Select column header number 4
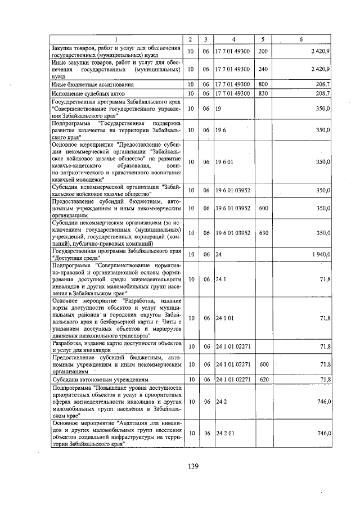click(x=233, y=39)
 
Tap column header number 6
click(x=301, y=39)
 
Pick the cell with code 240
click(x=262, y=69)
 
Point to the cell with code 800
click(x=262, y=84)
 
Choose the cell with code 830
click(x=262, y=93)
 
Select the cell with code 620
click(x=262, y=380)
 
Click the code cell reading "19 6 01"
click(x=223, y=161)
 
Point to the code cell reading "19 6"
click(x=219, y=129)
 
